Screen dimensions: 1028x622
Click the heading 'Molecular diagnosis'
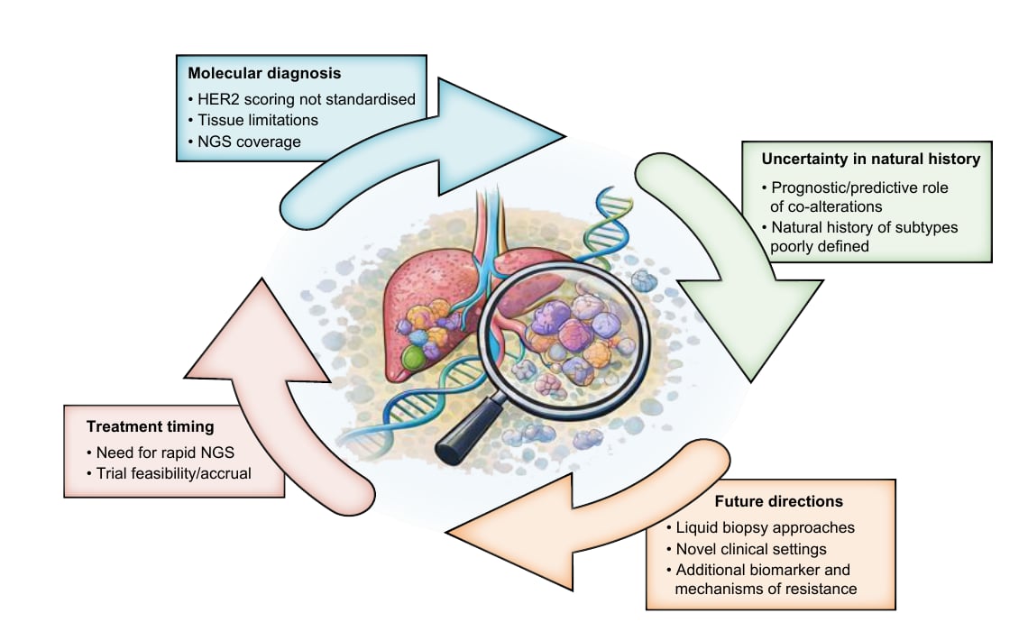click(x=264, y=73)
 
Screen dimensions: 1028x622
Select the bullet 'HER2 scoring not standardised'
click(x=301, y=99)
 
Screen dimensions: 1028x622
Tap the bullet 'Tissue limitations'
click(x=253, y=120)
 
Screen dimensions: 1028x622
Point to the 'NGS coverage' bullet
click(x=244, y=142)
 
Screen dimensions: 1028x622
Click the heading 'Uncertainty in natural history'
click(x=871, y=159)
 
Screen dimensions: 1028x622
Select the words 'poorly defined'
click(x=820, y=246)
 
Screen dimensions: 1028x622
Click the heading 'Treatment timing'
click(x=150, y=426)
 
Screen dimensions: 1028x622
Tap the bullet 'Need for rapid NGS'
click(x=161, y=453)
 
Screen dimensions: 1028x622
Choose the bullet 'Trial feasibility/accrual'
click(x=170, y=473)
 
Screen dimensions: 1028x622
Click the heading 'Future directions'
click(x=779, y=501)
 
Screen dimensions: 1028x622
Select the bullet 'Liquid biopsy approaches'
click(x=760, y=527)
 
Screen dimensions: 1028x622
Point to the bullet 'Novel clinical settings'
click(x=746, y=549)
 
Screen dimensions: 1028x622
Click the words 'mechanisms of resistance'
click(x=766, y=589)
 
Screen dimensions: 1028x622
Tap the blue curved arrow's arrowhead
click(x=500, y=136)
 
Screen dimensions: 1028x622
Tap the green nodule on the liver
click(x=414, y=357)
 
